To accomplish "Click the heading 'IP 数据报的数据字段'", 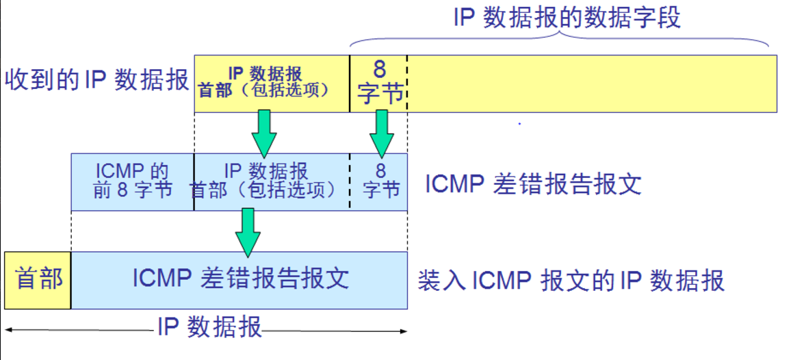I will pos(567,17).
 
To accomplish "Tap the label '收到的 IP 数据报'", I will pos(96,80).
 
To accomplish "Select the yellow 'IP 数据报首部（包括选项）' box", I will pos(272,83).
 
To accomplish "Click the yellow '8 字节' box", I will pos(378,83).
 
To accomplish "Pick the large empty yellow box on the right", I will pos(592,83).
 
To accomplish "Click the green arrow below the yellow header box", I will pos(263,131).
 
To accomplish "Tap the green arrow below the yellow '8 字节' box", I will pos(382,131).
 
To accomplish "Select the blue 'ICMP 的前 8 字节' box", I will pos(133,181).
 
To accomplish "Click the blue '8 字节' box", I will pos(379,181).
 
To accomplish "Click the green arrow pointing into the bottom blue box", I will pos(248,231).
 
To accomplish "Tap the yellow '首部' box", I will pos(38,280).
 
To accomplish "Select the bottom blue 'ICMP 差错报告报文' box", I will pos(239,279).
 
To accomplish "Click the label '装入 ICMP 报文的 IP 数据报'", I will pos(571,281).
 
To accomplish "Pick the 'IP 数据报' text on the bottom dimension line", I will pos(209,327).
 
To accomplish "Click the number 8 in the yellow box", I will pos(379,69).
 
